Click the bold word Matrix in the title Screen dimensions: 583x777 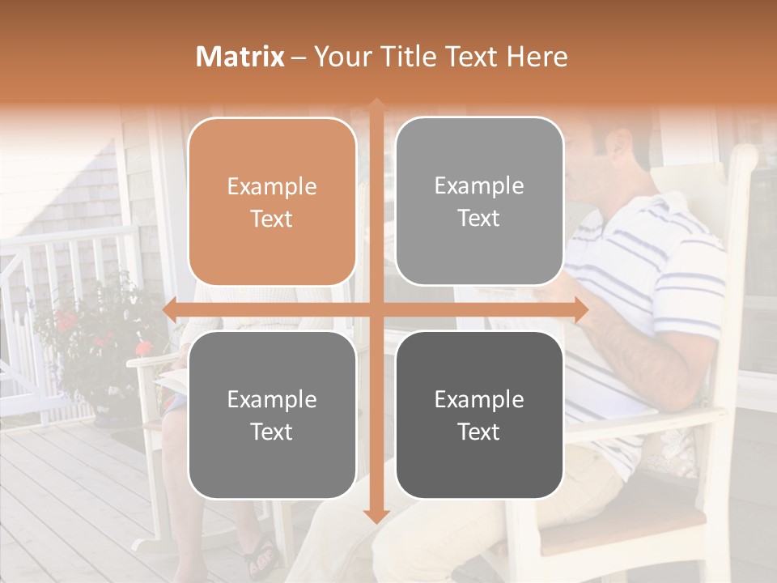[x=240, y=57]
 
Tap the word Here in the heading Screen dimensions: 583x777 [x=537, y=57]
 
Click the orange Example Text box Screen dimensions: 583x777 [x=272, y=202]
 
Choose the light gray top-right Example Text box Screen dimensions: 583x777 [x=479, y=202]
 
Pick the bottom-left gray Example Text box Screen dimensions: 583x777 [x=272, y=415]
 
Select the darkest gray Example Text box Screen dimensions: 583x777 [x=479, y=415]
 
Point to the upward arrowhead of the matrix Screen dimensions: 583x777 [x=376, y=105]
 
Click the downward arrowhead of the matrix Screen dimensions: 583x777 [x=376, y=516]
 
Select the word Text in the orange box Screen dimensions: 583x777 [x=272, y=219]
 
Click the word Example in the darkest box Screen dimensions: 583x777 [x=479, y=399]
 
